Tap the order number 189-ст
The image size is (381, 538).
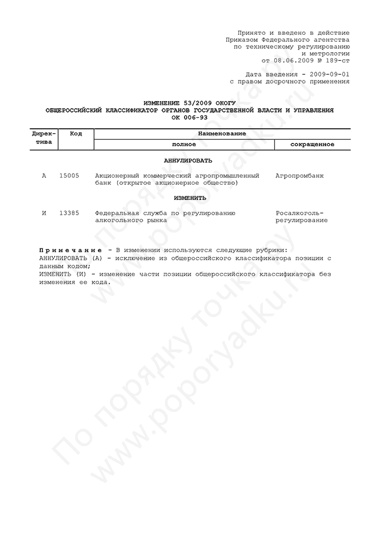[336, 61]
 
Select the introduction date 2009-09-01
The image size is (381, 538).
[329, 74]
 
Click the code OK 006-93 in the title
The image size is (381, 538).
[190, 117]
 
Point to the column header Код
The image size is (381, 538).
[76, 134]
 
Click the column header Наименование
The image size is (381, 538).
[222, 134]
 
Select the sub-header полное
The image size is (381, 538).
[184, 145]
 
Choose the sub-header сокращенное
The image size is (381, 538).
[312, 145]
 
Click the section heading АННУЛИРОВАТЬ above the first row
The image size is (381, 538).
[188, 161]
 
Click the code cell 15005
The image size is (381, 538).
[69, 176]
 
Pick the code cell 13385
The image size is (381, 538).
[69, 213]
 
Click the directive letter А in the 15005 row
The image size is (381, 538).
[44, 176]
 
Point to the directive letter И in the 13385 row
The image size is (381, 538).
[44, 213]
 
